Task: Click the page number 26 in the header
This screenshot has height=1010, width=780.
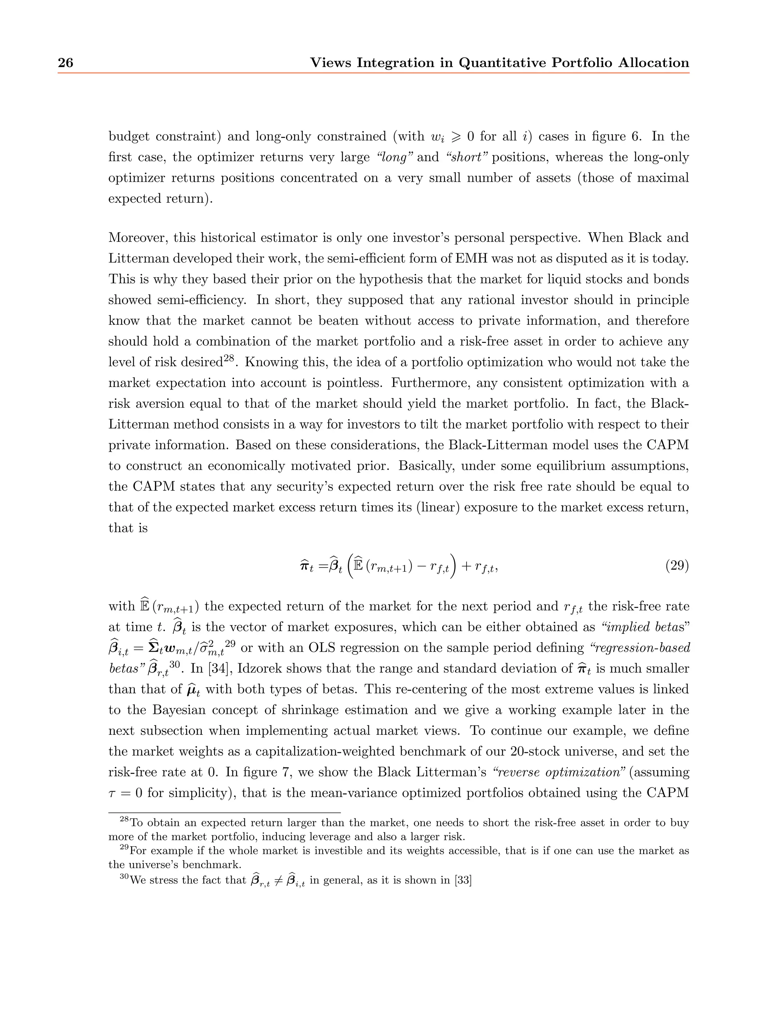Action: [66, 63]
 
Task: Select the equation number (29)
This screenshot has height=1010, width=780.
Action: [677, 566]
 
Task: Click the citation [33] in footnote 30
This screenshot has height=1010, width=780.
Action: [463, 880]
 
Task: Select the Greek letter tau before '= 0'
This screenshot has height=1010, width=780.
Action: [113, 794]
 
